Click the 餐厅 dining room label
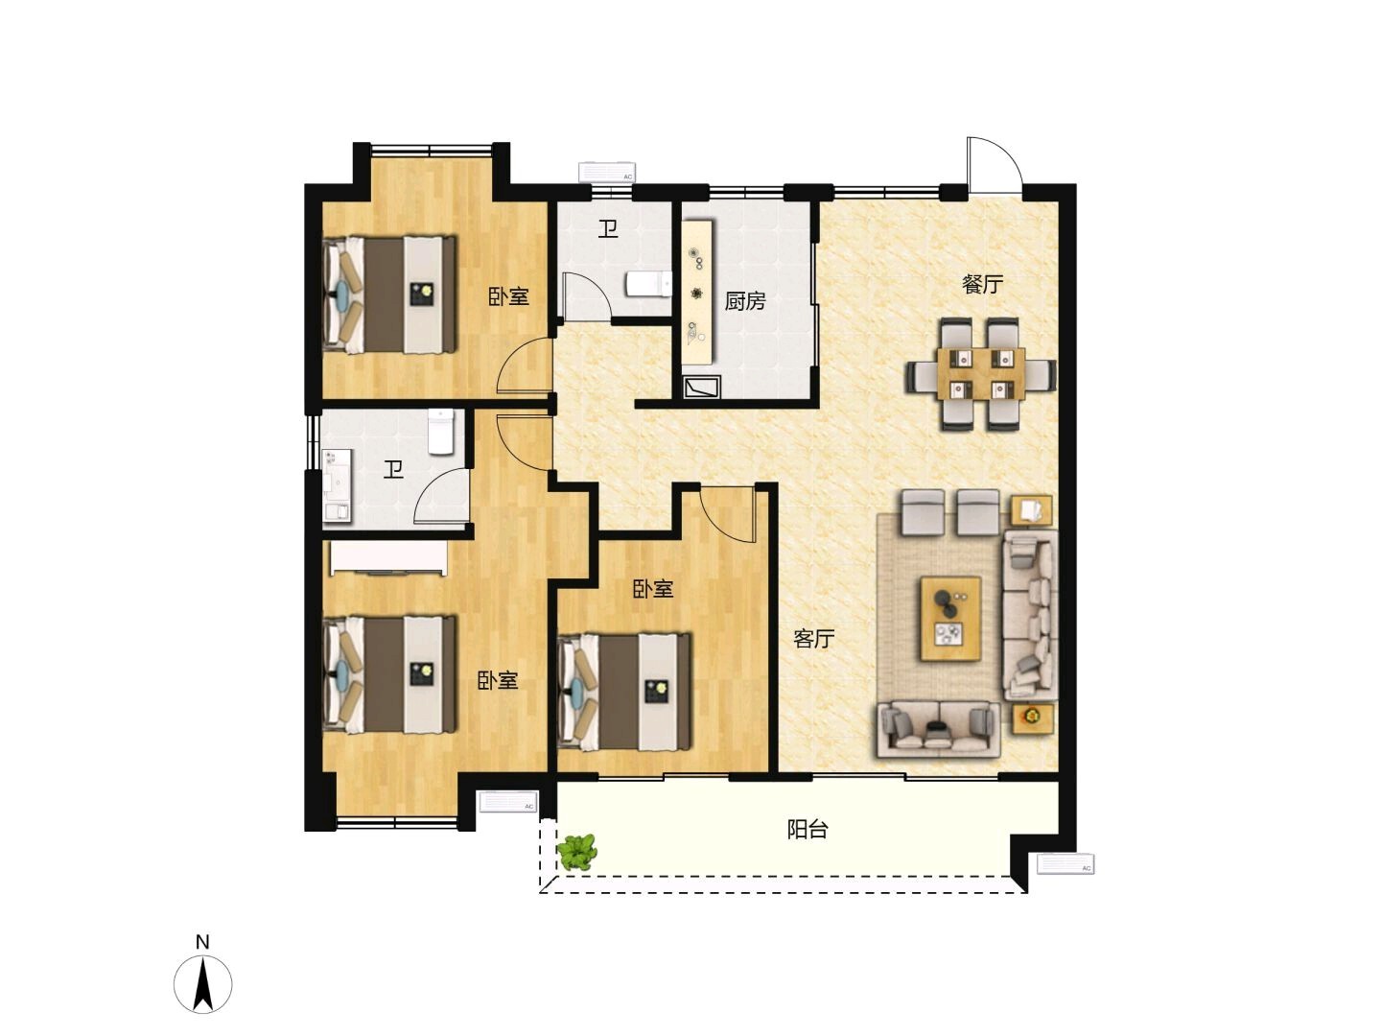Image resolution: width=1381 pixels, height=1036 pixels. point(981,284)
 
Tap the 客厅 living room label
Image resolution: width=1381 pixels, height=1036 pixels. point(813,639)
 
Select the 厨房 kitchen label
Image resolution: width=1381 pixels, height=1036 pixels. point(745,301)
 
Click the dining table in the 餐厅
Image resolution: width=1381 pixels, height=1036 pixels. point(981,373)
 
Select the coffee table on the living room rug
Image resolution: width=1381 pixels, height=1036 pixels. point(950,619)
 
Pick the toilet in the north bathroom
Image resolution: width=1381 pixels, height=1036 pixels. point(648,284)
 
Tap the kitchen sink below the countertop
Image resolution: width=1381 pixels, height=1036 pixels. point(701,387)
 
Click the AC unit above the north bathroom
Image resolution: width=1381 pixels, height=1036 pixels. point(606,172)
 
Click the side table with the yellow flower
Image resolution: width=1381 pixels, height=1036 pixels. point(1032,717)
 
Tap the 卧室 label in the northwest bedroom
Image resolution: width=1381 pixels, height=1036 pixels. point(508,296)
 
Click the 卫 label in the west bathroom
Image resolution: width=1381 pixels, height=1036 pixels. point(394,469)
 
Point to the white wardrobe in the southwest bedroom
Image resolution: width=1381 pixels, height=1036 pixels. point(388,557)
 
